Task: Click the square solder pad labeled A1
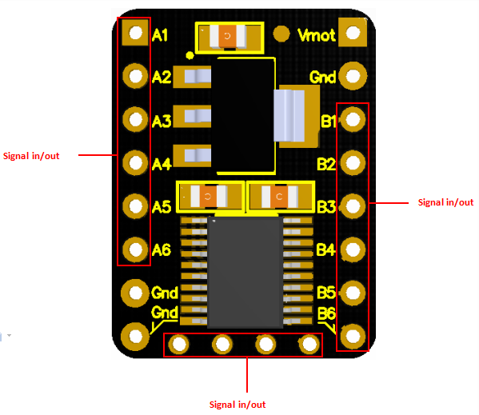(135, 32)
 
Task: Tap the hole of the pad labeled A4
(135, 163)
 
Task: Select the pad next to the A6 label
(135, 249)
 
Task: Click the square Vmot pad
(353, 32)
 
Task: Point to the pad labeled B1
(353, 119)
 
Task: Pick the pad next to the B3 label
(353, 206)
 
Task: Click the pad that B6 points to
(353, 336)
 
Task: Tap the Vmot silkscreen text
(317, 35)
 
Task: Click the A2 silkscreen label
(162, 77)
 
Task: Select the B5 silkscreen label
(326, 292)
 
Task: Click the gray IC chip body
(245, 273)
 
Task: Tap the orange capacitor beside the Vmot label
(228, 36)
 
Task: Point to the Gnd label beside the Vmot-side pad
(322, 77)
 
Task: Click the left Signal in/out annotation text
(31, 156)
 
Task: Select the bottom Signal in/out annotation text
(238, 405)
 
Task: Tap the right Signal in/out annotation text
(445, 202)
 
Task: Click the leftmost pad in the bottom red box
(178, 344)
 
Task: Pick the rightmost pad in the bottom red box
(309, 344)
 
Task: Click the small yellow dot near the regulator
(190, 55)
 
